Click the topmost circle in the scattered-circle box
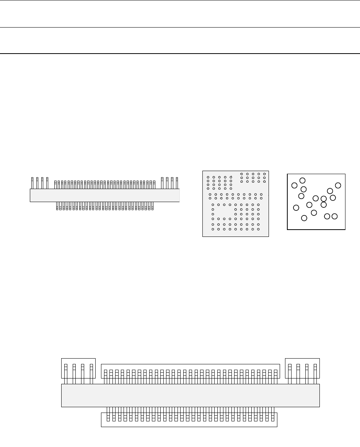coord(302,180)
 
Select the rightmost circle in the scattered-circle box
coord(338,185)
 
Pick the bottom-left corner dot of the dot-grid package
coord(213,229)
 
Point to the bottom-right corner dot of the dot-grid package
coord(259,229)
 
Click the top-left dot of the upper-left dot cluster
coord(208,177)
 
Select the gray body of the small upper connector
coord(104,195)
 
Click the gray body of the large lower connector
coord(190,395)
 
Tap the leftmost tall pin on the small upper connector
coord(32,183)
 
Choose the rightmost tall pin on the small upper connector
coord(177,183)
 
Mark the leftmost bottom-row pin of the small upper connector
coord(57,206)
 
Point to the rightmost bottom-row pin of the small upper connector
coord(152,206)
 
